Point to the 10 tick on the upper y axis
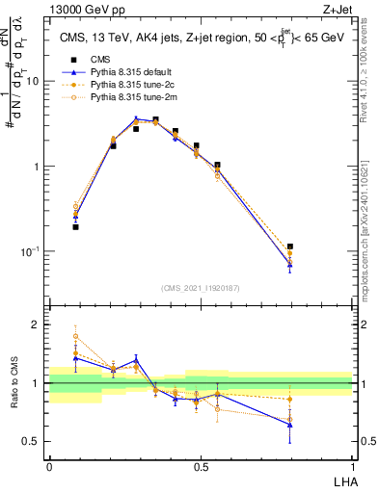tap(34, 81)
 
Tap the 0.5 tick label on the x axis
tap(201, 465)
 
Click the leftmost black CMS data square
tap(75, 227)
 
